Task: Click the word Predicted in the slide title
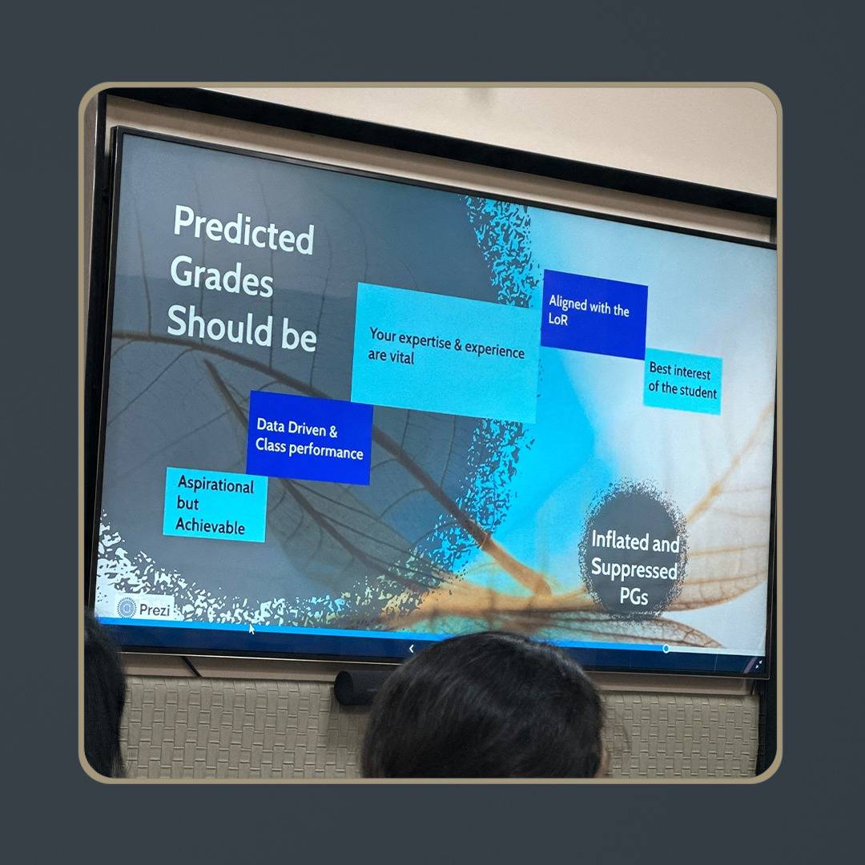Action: [x=243, y=230]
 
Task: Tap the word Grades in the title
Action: [x=222, y=277]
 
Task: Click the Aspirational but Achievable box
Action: [x=215, y=505]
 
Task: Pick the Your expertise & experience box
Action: [x=446, y=352]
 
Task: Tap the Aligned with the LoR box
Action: [x=593, y=314]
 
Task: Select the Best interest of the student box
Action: [x=682, y=381]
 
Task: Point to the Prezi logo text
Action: [x=155, y=610]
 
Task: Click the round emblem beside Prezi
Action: [x=127, y=608]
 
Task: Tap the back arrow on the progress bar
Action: [x=411, y=649]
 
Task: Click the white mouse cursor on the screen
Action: [x=251, y=629]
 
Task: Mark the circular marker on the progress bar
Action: [x=666, y=649]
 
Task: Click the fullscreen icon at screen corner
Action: [x=758, y=665]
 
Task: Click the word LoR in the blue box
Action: [x=557, y=319]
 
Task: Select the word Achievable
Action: [x=210, y=526]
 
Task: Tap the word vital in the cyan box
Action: [x=401, y=358]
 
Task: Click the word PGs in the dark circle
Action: [x=634, y=596]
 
